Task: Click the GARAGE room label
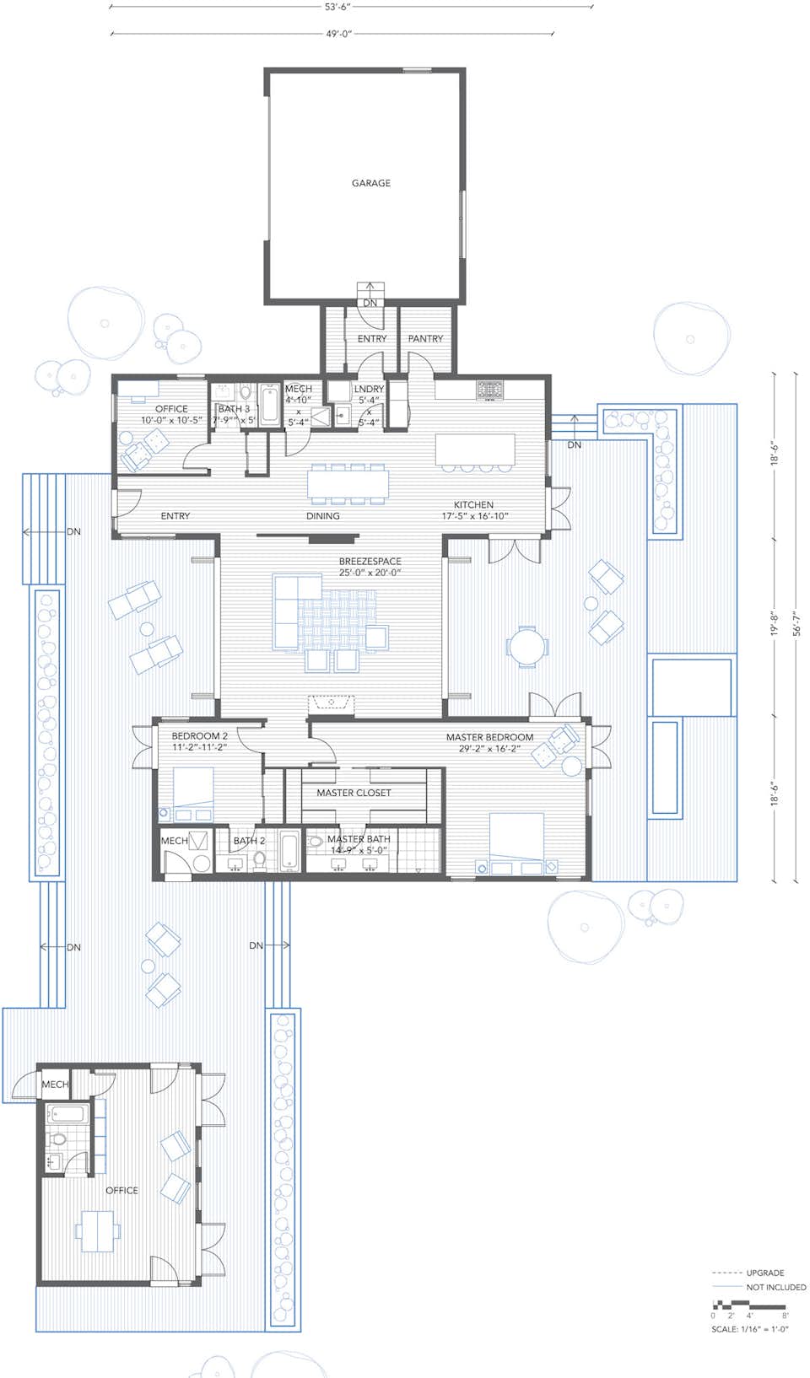click(x=370, y=183)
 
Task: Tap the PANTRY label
click(x=425, y=339)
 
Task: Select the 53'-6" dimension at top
click(x=337, y=7)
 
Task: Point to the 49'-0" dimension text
click(x=338, y=35)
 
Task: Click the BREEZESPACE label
click(x=370, y=562)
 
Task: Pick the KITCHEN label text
click(x=473, y=505)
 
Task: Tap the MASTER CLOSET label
click(x=354, y=793)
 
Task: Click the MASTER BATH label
click(x=359, y=840)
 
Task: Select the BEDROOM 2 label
click(x=199, y=736)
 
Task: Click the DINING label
click(x=323, y=516)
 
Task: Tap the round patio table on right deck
click(x=526, y=647)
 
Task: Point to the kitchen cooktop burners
click(x=490, y=390)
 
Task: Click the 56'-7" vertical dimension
click(x=796, y=624)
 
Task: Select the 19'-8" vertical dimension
click(x=774, y=624)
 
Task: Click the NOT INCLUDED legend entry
click(x=775, y=1288)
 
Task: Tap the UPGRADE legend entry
click(x=764, y=1273)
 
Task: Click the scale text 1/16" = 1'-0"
click(x=749, y=1329)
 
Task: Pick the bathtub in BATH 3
click(x=270, y=406)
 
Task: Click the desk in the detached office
click(x=98, y=1230)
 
